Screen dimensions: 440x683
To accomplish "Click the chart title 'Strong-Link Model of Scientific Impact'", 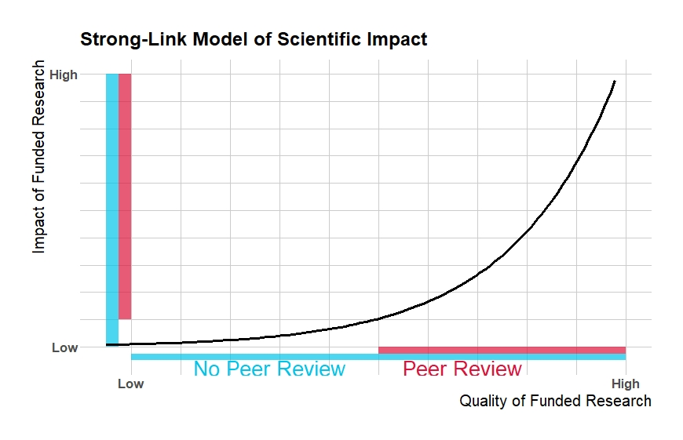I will (253, 38).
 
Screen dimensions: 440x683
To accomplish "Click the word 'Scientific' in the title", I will (325, 38).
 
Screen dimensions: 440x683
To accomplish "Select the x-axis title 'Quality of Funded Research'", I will (554, 401).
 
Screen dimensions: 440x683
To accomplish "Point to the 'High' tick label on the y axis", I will (64, 75).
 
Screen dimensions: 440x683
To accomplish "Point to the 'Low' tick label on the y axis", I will (65, 347).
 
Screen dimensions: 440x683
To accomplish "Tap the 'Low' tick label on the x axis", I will (130, 384).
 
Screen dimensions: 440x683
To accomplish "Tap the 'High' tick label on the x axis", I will (625, 384).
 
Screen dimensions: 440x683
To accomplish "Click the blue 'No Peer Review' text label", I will (269, 369).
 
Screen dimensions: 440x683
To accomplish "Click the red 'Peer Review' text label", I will (462, 369).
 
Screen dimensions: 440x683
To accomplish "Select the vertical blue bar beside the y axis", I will (112, 209).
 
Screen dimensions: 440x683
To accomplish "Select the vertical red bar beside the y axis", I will (125, 196).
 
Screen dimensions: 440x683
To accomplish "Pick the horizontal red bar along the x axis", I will (502, 350).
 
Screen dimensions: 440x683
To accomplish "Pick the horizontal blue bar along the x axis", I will (378, 357).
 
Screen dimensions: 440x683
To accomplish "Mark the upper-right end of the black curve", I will (615, 80).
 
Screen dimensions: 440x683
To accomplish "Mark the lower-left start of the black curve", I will (108, 344).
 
